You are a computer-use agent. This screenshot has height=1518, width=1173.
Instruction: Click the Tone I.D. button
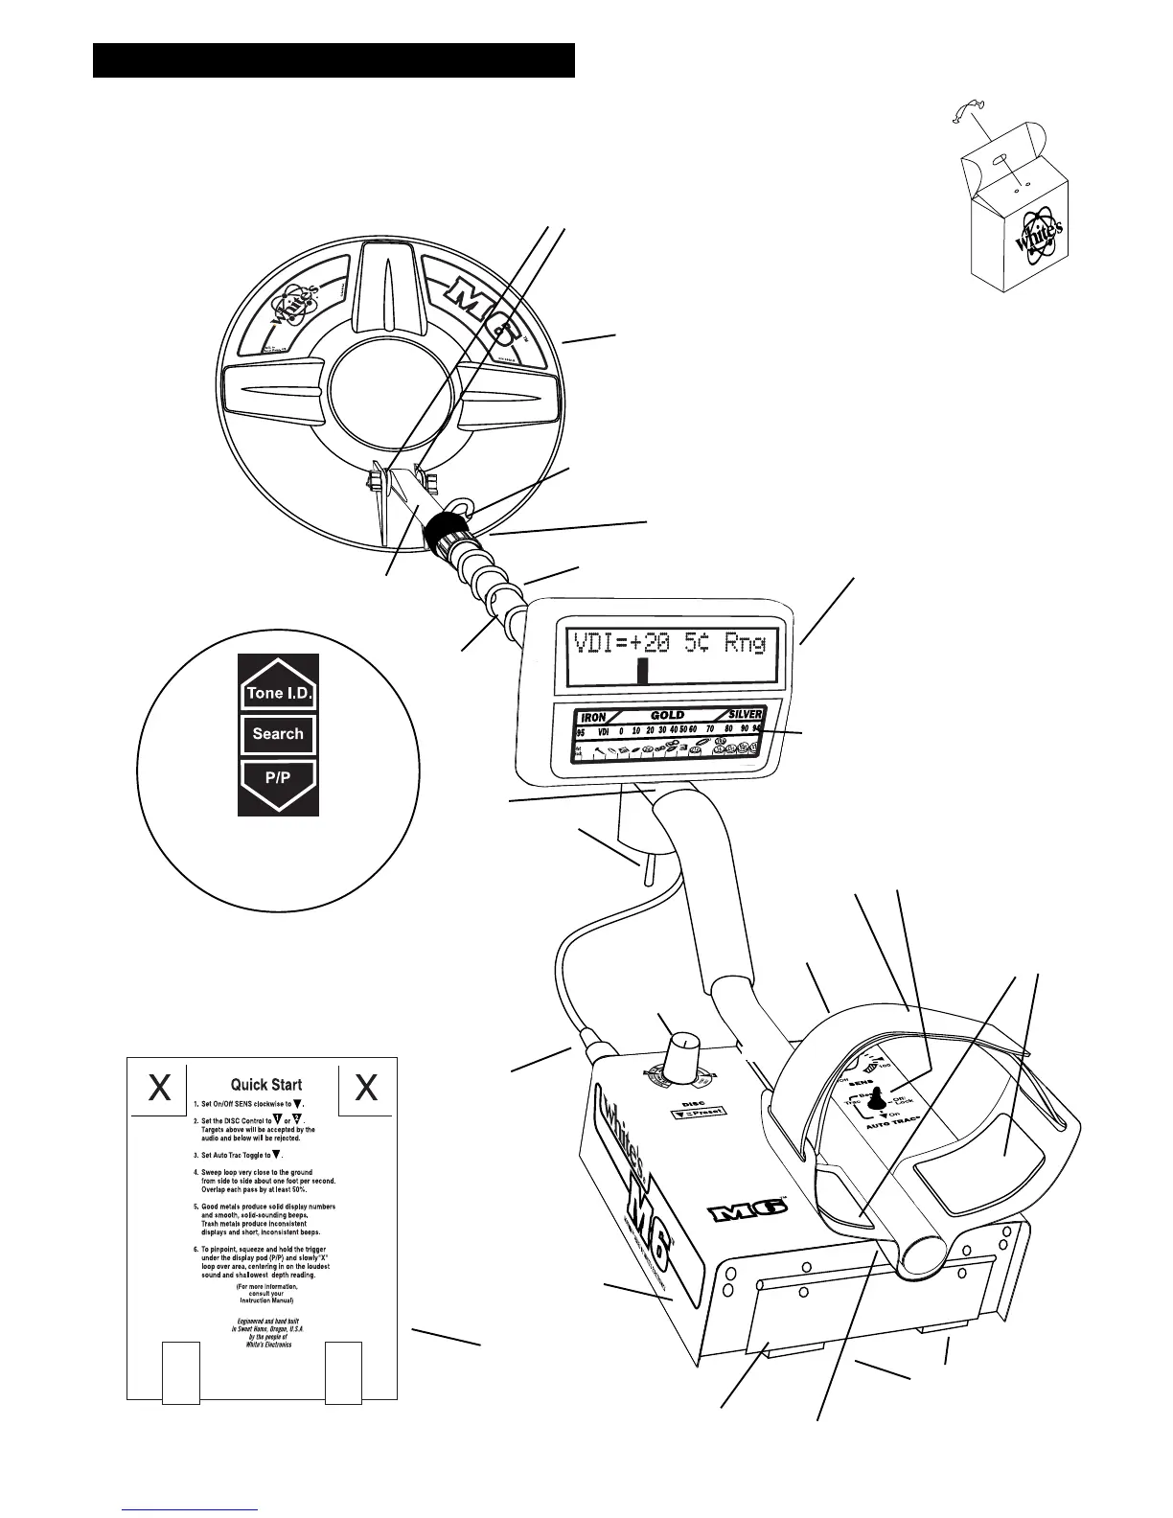click(278, 693)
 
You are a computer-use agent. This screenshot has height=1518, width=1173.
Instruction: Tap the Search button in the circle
click(278, 734)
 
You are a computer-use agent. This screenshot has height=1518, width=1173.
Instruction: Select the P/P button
click(278, 778)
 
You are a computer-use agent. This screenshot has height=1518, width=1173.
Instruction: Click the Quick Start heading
click(266, 1085)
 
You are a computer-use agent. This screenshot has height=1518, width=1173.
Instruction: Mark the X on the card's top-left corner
click(160, 1087)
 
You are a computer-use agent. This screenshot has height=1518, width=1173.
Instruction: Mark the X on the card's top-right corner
click(366, 1087)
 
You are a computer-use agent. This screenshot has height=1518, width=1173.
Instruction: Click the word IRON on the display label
click(593, 716)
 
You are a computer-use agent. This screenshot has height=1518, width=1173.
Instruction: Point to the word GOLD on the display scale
click(667, 715)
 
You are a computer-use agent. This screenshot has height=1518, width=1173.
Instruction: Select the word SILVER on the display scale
click(745, 715)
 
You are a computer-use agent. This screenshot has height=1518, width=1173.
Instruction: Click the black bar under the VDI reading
click(643, 669)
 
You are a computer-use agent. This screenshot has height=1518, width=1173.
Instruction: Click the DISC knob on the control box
click(683, 1046)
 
